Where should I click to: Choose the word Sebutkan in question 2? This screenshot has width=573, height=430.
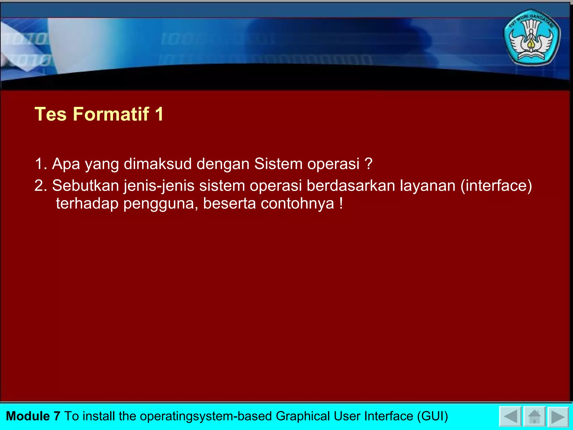pos(86,186)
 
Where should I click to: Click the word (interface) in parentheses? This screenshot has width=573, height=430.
pos(496,186)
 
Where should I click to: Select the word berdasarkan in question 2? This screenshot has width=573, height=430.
pos(351,186)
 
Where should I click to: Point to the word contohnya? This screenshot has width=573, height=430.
pos(297,204)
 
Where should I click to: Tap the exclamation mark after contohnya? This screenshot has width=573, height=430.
pos(341,203)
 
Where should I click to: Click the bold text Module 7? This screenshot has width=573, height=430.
pos(33,416)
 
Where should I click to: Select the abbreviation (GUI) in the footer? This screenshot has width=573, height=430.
pos(433,416)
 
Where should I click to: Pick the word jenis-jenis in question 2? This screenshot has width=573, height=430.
pos(159,186)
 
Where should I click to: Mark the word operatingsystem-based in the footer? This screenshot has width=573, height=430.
pos(206,416)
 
